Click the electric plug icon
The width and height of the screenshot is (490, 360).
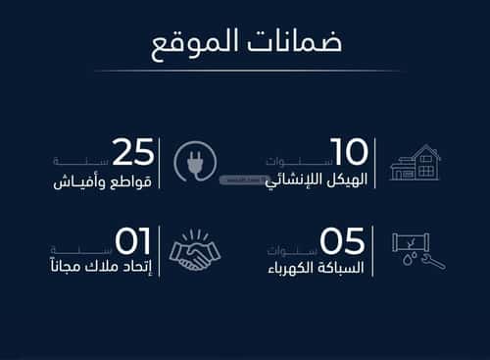pyautogui.click(x=193, y=162)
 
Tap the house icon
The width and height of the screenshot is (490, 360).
pyautogui.click(x=415, y=162)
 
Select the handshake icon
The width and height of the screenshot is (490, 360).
pyautogui.click(x=195, y=251)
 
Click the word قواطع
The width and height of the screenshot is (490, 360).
pyautogui.click(x=131, y=181)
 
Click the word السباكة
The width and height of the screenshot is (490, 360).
pyautogui.click(x=344, y=269)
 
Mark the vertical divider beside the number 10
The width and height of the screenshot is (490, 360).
pyautogui.click(x=374, y=164)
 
